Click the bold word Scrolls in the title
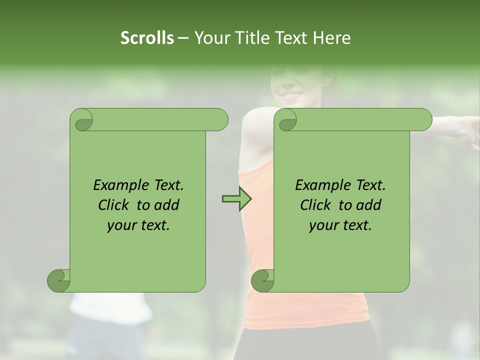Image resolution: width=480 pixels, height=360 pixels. coord(147,37)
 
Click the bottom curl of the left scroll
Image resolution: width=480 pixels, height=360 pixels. coord(59,280)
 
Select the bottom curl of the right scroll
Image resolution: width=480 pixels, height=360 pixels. coord(263,280)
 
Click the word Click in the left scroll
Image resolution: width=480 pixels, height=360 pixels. coord(114,205)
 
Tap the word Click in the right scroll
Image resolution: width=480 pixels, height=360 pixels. coord(316,205)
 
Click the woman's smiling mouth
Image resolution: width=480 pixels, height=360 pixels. coord(290,94)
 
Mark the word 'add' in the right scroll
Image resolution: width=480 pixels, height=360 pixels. coord(369,205)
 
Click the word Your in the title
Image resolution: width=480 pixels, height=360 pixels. coord(210,37)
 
